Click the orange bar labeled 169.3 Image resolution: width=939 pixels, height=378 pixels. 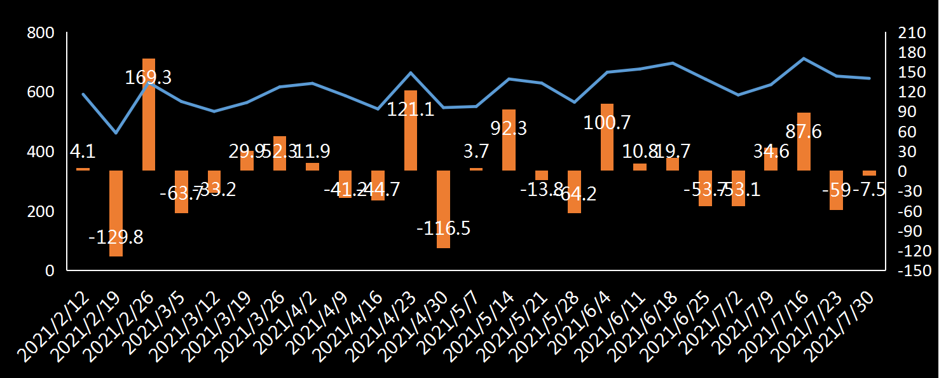click(x=149, y=115)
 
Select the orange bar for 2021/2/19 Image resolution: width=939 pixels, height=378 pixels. click(x=116, y=213)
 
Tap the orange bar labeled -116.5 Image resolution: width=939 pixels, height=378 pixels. click(x=443, y=209)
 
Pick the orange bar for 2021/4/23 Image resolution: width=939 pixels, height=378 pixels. click(x=411, y=130)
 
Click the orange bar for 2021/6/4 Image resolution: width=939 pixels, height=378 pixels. click(x=607, y=137)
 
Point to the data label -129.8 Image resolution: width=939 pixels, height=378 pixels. click(x=116, y=237)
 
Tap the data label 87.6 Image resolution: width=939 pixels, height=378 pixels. click(x=804, y=131)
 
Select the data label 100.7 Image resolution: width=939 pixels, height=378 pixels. click(x=607, y=121)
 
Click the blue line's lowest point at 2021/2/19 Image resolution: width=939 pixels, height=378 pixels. click(x=116, y=133)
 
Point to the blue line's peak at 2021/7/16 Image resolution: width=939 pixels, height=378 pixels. click(x=804, y=59)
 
